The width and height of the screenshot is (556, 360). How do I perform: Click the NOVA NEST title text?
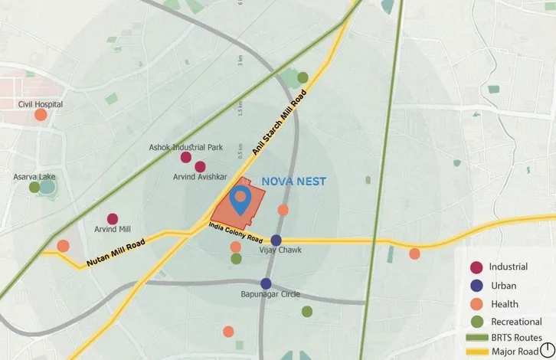294,182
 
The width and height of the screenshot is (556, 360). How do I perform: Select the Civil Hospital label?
41,104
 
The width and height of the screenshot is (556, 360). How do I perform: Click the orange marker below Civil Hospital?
41,115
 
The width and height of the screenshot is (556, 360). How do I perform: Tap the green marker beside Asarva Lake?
34,187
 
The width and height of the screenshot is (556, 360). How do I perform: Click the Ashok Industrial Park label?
185,147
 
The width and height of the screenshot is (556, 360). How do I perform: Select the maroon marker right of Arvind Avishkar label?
201,166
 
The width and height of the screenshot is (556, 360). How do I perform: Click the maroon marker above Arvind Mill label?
113,219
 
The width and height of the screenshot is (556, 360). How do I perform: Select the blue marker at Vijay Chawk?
276,240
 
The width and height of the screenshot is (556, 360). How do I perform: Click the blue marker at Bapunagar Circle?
266,283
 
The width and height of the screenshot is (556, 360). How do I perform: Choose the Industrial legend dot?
476,267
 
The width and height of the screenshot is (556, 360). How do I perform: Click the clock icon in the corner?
548,351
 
